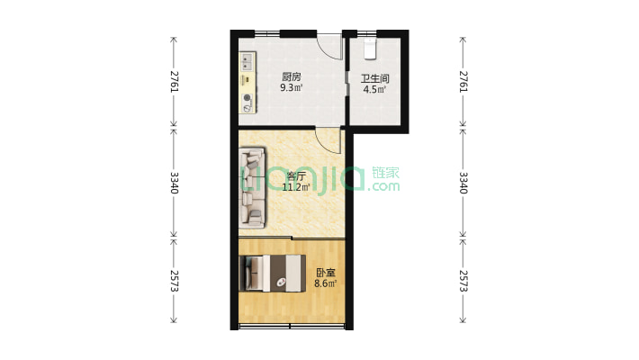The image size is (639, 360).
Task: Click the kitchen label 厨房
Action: [292, 76]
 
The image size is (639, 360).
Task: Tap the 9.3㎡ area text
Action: [292, 87]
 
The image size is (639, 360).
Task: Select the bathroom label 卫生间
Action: [375, 78]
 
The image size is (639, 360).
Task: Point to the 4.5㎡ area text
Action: [374, 89]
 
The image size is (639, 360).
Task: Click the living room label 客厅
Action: [296, 176]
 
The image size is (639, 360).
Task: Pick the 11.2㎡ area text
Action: [296, 187]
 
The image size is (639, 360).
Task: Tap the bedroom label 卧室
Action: [326, 273]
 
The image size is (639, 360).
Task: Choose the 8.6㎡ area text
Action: [326, 283]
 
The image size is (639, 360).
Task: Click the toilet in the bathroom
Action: [370, 49]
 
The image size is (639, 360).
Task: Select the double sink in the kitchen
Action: [247, 62]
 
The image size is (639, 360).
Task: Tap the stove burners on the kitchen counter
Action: [247, 103]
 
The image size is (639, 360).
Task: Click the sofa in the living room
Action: [253, 187]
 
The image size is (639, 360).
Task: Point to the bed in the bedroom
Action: [273, 274]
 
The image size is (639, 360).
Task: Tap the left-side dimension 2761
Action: [174, 82]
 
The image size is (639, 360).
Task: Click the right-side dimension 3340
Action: [463, 183]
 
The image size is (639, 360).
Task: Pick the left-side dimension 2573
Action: [174, 281]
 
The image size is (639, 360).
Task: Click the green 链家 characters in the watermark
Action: [385, 173]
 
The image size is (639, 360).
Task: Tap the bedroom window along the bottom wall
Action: [292, 326]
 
